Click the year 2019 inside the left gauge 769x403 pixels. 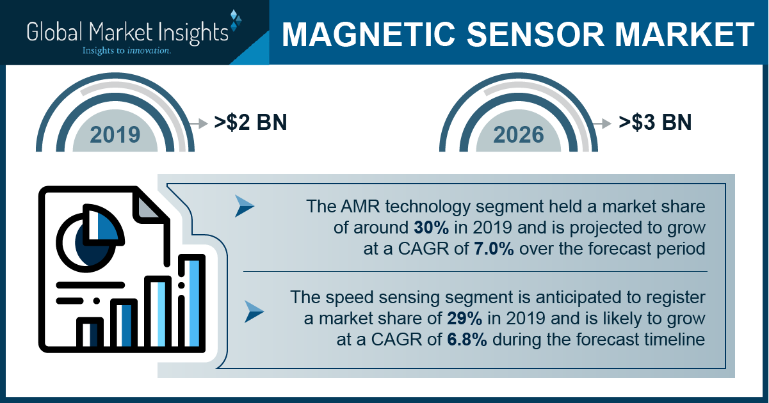[115, 134]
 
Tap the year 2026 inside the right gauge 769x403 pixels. [519, 134]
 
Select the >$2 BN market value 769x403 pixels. [250, 122]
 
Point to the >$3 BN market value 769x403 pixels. [655, 122]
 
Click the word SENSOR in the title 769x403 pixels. [535, 35]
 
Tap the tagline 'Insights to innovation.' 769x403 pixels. [126, 51]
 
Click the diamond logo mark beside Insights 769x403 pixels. [236, 20]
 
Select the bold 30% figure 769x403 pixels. [431, 228]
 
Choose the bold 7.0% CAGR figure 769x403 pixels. [494, 249]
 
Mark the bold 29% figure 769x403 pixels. [464, 319]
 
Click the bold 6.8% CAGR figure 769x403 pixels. [467, 340]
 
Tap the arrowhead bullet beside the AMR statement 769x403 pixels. [244, 206]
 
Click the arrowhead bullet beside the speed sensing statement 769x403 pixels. [254, 312]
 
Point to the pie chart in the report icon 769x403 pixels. [90, 238]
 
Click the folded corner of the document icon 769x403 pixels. [148, 206]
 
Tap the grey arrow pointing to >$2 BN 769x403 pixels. [198, 123]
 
